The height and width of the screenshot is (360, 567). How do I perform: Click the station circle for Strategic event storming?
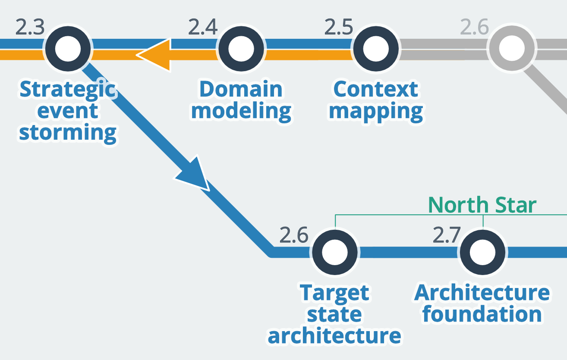point(69,49)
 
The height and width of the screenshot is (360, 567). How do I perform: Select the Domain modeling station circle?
point(241,49)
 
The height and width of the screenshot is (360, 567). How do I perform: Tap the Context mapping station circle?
point(375,49)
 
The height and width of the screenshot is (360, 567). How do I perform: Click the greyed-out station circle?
point(510,49)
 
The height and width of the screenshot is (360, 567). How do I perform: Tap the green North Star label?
point(482,205)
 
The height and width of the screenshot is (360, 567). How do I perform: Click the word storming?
point(68,132)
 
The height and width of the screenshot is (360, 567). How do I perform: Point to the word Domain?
point(241,90)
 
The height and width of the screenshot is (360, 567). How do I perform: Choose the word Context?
point(375,90)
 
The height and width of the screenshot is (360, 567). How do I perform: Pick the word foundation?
point(482,314)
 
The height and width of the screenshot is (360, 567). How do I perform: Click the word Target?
point(334,293)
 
